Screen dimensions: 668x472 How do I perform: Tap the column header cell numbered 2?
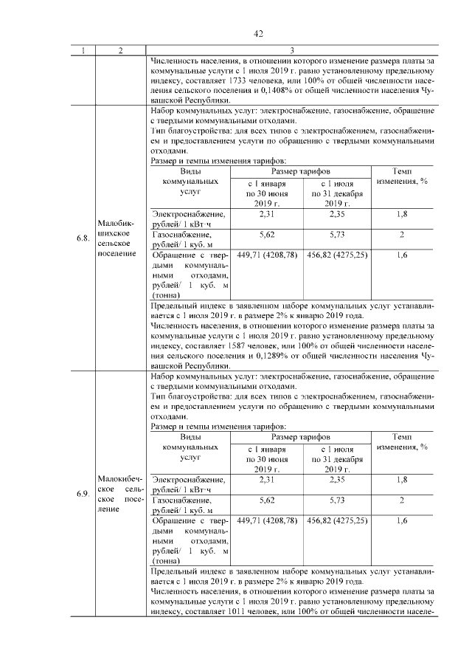(119, 51)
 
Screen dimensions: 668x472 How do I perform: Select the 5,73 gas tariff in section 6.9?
(336, 500)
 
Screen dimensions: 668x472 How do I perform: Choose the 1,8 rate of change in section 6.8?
(402, 214)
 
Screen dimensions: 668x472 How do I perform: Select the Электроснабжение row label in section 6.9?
(188, 480)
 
